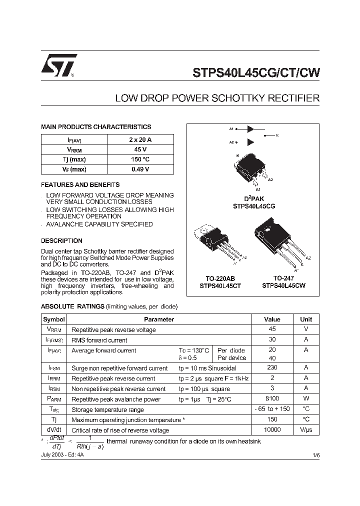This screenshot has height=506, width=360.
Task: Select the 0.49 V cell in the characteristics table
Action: coord(140,169)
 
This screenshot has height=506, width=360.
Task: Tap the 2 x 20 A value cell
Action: coord(140,139)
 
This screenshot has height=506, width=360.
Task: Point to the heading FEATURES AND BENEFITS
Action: coord(80,184)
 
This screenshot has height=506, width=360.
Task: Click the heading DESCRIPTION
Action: coord(61,240)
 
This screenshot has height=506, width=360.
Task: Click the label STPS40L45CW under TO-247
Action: coord(283,286)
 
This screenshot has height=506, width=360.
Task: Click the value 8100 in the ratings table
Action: coord(272,399)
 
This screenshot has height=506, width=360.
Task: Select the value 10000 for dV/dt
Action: coord(272,429)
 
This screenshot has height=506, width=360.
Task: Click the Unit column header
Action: coord(306,319)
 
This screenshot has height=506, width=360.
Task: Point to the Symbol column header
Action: coord(54,319)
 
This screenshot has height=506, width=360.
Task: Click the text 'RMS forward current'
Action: coord(99,340)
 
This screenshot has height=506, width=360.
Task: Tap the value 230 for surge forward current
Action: coord(272,367)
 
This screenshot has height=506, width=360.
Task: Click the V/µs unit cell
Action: coord(306,429)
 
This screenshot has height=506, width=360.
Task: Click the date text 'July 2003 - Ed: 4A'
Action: coord(64,455)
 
